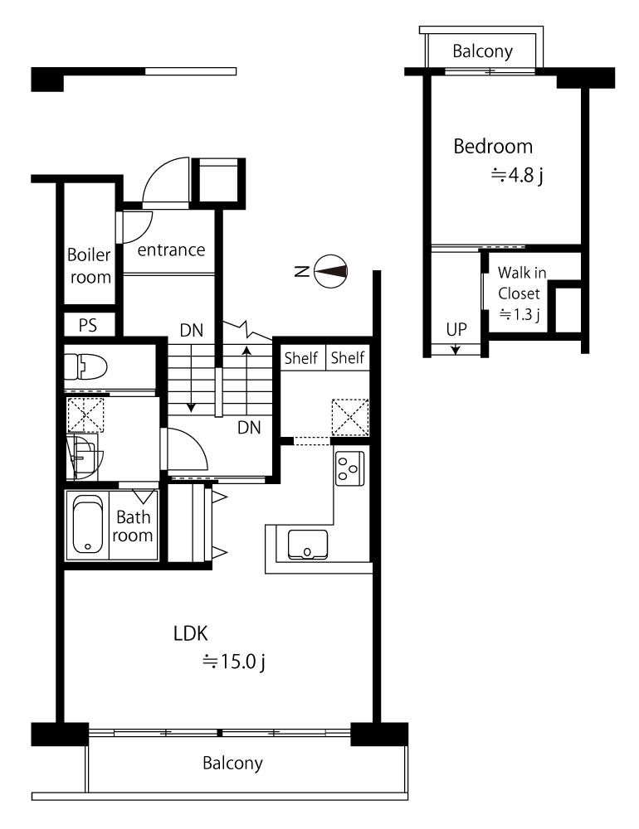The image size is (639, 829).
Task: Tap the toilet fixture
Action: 85,366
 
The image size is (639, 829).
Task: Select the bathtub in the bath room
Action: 88,525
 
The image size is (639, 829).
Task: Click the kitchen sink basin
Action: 308,545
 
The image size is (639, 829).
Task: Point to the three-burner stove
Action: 349,468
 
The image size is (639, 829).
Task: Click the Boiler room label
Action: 90,266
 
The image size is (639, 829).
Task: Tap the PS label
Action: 88,325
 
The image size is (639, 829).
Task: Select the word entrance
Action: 171,250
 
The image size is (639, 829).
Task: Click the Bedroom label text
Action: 493,147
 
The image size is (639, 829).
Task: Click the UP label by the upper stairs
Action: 456,329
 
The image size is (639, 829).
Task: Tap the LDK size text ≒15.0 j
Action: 233,662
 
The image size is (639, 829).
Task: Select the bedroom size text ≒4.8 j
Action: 517,176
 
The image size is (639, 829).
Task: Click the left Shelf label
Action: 300,358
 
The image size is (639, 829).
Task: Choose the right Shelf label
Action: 347,358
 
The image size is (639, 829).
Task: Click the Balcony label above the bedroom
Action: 482,51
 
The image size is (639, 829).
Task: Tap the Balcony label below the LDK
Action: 232,763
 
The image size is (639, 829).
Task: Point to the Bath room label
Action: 133,526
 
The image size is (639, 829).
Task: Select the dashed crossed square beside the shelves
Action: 350,418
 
